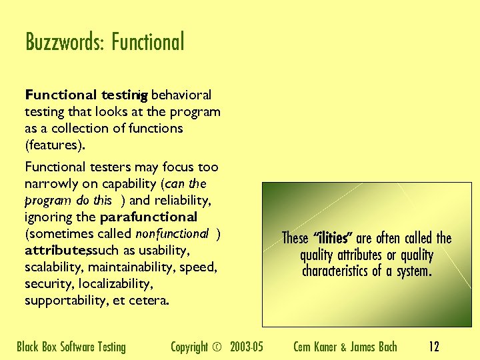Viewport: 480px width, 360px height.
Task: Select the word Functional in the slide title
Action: point(147,42)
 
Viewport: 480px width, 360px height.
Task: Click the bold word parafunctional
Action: point(148,217)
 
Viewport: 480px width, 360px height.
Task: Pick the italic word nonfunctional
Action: point(172,234)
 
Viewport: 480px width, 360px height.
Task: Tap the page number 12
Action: point(433,347)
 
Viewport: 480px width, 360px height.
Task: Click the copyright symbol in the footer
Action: point(216,347)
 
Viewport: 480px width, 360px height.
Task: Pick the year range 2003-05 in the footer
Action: point(246,347)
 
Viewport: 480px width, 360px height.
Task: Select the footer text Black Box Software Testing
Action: point(71,347)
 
